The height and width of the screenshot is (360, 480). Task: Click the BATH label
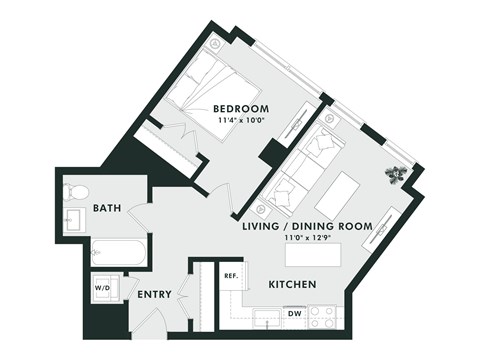107,208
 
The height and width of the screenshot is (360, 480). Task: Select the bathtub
119,252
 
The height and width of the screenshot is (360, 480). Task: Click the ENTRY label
154,294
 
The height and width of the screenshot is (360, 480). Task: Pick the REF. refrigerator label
229,275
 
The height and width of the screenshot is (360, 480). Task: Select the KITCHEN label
292,285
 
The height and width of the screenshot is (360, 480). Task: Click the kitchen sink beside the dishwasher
266,318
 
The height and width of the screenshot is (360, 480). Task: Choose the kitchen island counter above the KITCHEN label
309,256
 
